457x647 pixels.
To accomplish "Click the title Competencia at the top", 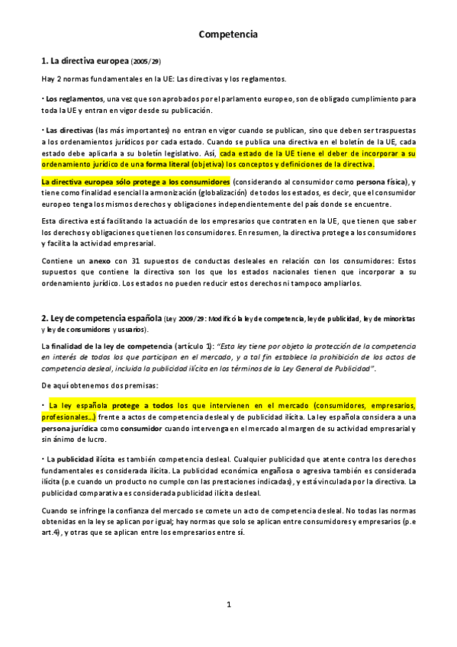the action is coord(228,34).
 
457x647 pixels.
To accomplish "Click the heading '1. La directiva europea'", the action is coord(85,60).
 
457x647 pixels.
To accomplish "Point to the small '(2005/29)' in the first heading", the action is coord(146,61).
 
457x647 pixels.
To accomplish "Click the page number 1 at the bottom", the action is coord(228,605).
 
